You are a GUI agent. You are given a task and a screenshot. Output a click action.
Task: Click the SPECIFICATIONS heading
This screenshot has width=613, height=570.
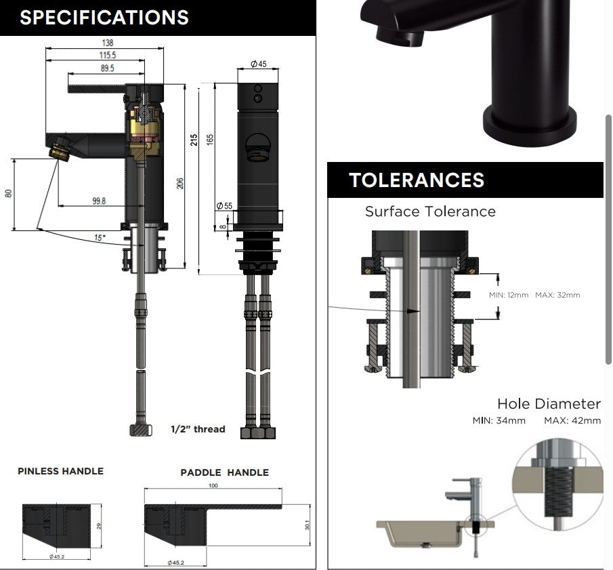(104, 18)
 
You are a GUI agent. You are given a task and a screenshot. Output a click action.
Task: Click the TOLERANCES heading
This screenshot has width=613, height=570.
(417, 180)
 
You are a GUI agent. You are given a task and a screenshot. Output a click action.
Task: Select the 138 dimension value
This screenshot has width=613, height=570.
(108, 43)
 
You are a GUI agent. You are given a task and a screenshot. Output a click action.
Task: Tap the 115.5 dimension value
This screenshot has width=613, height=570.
(108, 55)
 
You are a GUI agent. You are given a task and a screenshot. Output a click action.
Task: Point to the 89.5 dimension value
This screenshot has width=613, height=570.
(108, 68)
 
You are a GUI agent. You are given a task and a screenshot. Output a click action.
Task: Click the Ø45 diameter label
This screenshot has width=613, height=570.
(259, 64)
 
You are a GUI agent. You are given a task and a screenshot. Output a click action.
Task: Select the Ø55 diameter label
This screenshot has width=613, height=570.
(224, 205)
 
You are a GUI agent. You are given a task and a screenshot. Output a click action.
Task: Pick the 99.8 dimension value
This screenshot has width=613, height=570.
(99, 201)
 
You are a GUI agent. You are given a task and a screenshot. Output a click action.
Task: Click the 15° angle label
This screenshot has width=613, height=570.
(100, 237)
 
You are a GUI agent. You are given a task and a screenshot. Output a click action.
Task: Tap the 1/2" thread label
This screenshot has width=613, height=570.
(198, 429)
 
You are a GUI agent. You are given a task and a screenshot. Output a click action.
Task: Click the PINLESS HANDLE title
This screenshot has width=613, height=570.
(60, 471)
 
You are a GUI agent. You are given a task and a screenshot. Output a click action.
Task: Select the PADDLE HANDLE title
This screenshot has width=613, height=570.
(224, 472)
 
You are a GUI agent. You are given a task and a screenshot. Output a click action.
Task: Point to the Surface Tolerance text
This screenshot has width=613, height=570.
(430, 211)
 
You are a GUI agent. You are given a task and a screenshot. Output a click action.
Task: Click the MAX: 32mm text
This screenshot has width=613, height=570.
(557, 295)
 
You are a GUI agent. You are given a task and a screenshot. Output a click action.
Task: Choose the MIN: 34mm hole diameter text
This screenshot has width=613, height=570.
(499, 421)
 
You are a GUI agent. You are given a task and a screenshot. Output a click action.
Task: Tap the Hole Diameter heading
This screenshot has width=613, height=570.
(549, 403)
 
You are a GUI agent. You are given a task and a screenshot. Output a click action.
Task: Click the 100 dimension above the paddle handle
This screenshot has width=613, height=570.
(213, 485)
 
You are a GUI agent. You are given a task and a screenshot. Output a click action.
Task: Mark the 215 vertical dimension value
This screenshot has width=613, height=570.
(194, 140)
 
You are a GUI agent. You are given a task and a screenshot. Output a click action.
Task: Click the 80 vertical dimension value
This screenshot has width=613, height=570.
(8, 193)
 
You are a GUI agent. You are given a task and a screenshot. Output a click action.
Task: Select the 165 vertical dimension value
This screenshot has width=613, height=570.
(210, 140)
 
